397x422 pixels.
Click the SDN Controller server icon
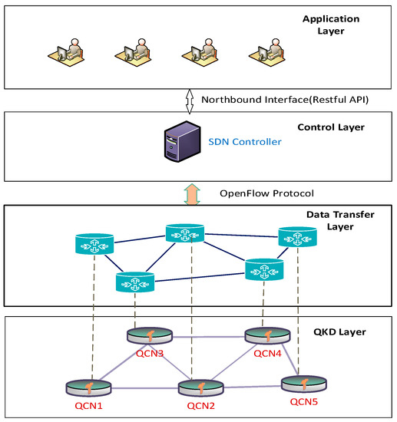[x=182, y=141]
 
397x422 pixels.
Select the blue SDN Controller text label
[x=245, y=142]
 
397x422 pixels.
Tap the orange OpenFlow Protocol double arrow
[x=192, y=194]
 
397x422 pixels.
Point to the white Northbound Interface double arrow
[x=190, y=101]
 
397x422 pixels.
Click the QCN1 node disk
[x=88, y=387]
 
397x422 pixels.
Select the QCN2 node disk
[x=201, y=387]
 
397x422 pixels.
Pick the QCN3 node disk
[x=150, y=335]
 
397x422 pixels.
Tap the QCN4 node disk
[x=267, y=335]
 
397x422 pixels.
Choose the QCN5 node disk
[x=304, y=384]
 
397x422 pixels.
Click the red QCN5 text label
[x=304, y=402]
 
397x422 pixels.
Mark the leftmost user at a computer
[x=66, y=52]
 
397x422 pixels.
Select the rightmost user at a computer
[x=267, y=52]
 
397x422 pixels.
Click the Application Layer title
[x=331, y=25]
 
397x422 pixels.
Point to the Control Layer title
[x=331, y=127]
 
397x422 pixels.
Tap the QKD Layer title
[x=339, y=332]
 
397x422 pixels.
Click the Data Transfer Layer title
[x=340, y=220]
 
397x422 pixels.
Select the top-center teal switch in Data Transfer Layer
[x=185, y=233]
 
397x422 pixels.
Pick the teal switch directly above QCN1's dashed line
[x=94, y=244]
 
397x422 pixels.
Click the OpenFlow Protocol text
[x=267, y=193]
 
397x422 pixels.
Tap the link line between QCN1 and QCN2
[x=145, y=388]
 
